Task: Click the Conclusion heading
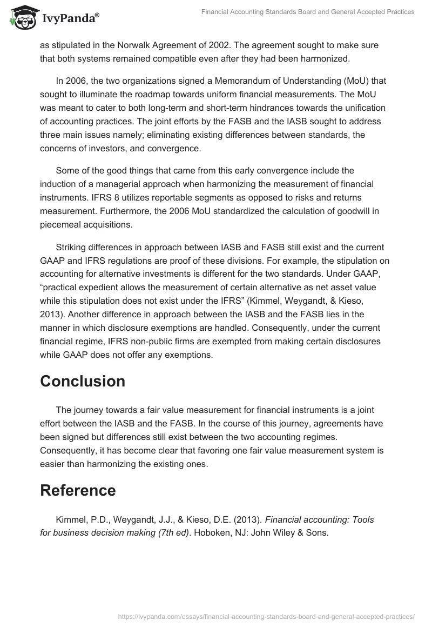click(83, 381)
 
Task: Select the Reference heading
click(78, 490)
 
